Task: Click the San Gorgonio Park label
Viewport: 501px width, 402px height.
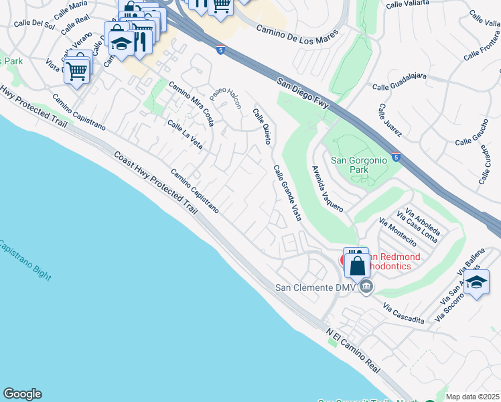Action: [360, 165]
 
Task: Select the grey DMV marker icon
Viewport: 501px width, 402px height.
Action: [366, 287]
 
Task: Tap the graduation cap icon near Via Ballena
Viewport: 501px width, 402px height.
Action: [476, 283]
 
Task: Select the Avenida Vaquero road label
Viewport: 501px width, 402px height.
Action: [328, 189]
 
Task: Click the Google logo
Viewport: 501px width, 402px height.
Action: [22, 394]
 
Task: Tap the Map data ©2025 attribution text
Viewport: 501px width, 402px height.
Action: [472, 397]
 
